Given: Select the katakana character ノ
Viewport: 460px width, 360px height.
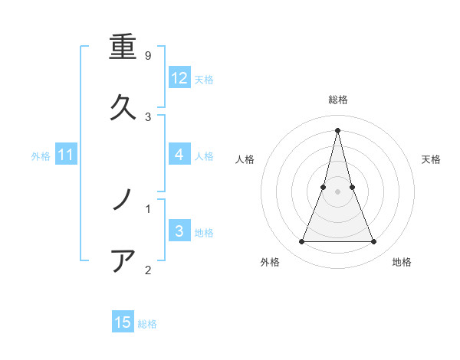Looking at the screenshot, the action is coord(123,201).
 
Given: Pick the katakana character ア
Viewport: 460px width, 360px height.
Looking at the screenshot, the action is coord(123,260).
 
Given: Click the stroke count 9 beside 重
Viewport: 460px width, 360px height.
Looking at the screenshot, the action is coord(148,56).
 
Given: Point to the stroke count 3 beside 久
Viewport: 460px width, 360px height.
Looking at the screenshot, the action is coord(148,116).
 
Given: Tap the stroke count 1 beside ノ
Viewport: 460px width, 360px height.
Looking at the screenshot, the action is coord(148,208).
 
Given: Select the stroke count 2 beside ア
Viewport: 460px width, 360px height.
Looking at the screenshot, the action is coord(148,269).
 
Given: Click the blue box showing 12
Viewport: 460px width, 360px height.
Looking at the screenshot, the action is coord(179,78).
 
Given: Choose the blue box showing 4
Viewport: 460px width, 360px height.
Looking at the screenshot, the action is coord(179,155).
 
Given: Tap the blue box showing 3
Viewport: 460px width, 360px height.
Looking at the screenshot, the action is coord(179,231).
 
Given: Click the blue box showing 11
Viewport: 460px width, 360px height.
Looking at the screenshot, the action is coord(66,155).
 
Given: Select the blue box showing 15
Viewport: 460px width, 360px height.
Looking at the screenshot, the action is coord(123,322).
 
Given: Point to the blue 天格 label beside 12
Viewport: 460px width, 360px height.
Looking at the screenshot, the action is coord(204,80).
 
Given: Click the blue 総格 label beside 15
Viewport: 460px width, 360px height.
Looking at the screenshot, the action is coord(147,324).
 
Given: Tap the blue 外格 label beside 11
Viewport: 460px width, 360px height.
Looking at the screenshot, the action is coord(41,156).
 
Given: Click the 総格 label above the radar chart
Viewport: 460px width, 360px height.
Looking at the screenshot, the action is coord(338,100).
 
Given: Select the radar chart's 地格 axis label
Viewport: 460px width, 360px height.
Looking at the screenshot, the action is coord(402,262).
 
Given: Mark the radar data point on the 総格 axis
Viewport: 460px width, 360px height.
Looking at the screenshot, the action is coord(338,129).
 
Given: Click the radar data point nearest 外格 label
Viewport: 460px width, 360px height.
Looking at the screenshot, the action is coord(301,242).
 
